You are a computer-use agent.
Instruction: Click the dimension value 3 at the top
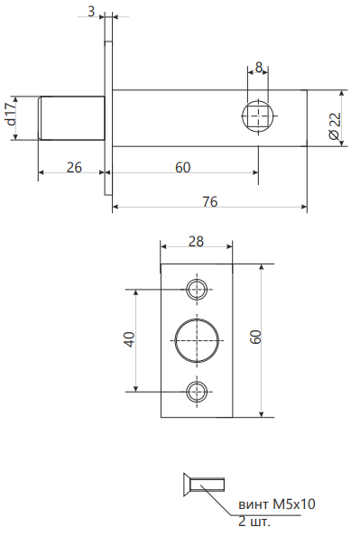coord(91,12)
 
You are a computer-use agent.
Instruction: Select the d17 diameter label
coord(11,114)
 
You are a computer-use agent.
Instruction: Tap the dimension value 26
coord(74,168)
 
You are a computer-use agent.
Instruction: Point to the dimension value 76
coord(209,202)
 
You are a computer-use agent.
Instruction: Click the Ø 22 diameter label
coord(336,125)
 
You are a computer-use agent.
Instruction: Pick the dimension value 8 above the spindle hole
coord(259,68)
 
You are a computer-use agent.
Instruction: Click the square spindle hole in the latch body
coord(258,116)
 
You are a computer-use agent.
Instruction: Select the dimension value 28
coord(196,241)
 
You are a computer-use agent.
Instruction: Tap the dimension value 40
coord(130,339)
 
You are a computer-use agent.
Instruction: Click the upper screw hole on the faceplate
coord(197,290)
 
